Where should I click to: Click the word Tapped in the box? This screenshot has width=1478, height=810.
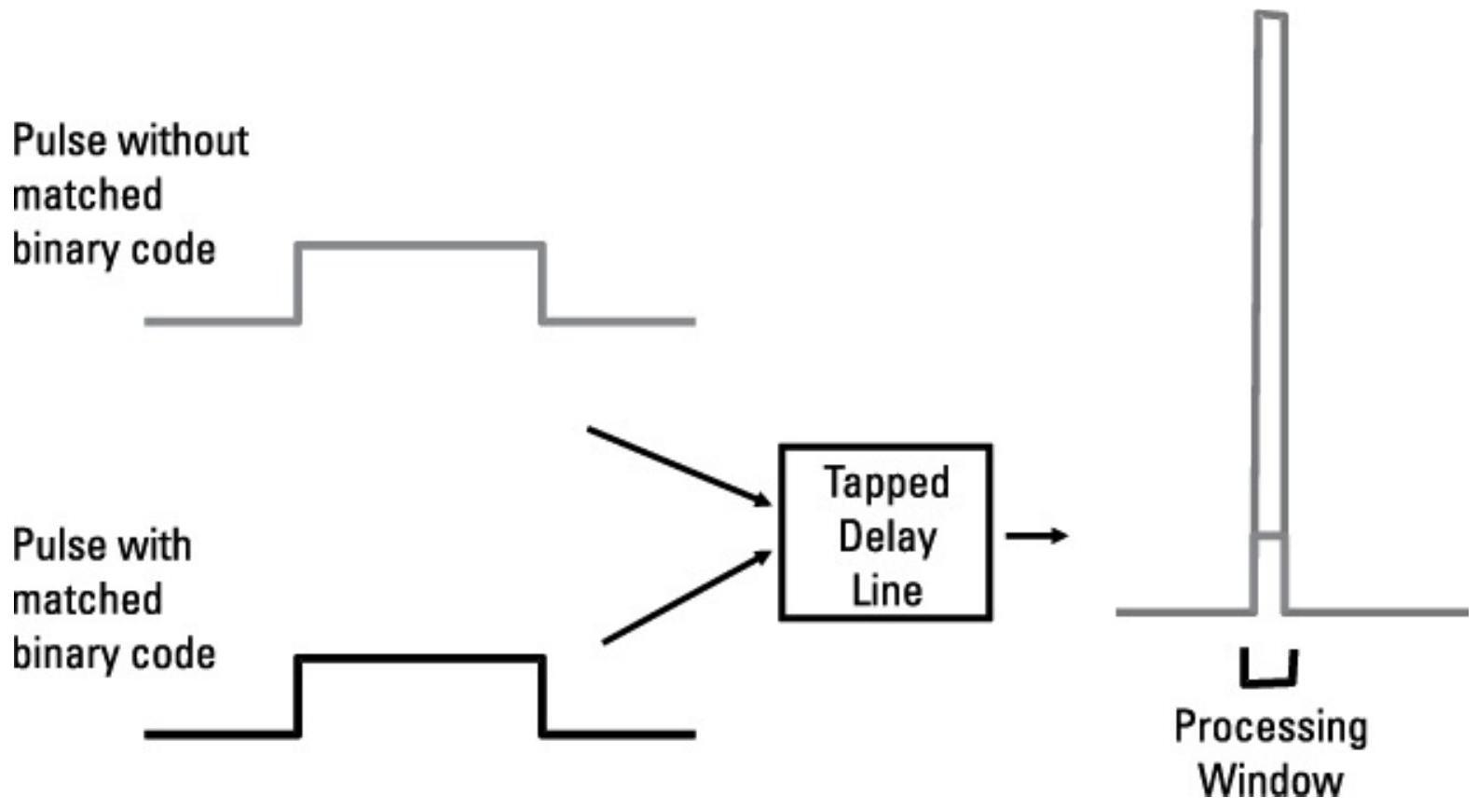tap(886, 484)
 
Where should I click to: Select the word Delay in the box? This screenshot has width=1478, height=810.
tap(886, 537)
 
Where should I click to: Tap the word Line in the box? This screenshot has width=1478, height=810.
tap(886, 590)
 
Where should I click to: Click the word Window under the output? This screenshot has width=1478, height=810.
tap(1270, 779)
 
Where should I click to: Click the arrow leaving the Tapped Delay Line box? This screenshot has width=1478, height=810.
tap(1036, 536)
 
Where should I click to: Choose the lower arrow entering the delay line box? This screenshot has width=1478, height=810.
tap(687, 597)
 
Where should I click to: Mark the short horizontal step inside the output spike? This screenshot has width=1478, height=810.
tap(1269, 537)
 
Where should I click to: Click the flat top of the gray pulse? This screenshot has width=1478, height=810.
tap(420, 246)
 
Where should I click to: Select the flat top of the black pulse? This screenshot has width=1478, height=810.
tap(420, 659)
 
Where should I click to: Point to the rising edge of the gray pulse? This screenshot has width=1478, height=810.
tap(298, 283)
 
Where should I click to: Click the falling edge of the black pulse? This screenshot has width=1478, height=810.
tap(542, 696)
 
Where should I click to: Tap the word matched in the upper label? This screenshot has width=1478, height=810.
tap(88, 196)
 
